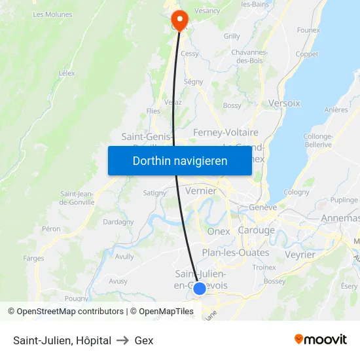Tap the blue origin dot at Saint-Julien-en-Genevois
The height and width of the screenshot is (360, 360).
pyautogui.click(x=199, y=288)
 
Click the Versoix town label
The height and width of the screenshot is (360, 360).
pyautogui.click(x=284, y=103)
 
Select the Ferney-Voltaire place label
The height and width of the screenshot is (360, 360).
pyautogui.click(x=225, y=132)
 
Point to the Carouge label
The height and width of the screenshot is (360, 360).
pyautogui.click(x=256, y=230)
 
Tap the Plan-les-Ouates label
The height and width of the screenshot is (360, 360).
pyautogui.click(x=235, y=253)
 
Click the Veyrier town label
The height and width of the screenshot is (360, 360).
pyautogui.click(x=300, y=255)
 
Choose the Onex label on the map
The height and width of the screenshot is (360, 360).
pyautogui.click(x=218, y=231)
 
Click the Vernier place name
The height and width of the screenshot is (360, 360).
pyautogui.click(x=201, y=190)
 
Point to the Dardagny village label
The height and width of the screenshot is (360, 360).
pyautogui.click(x=118, y=222)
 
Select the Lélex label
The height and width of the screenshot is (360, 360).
pyautogui.click(x=66, y=74)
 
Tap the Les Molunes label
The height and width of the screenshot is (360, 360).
pyautogui.click(x=52, y=14)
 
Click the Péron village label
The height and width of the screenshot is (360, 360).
pyautogui.click(x=51, y=229)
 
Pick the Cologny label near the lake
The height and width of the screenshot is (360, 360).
pyautogui.click(x=297, y=192)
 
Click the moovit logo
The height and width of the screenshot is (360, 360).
pyautogui.click(x=320, y=339)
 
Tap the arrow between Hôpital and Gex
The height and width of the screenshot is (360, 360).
pyautogui.click(x=122, y=340)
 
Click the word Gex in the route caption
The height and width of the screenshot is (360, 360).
pyautogui.click(x=144, y=340)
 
